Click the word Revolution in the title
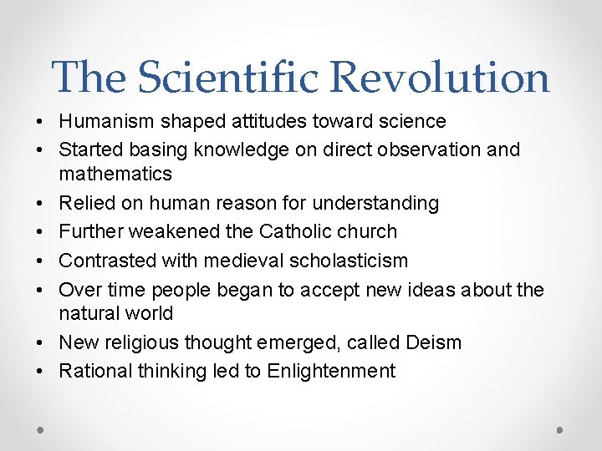[439, 77]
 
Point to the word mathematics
[115, 175]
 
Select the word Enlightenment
[331, 372]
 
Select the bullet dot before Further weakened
[41, 232]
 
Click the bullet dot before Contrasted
[41, 261]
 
